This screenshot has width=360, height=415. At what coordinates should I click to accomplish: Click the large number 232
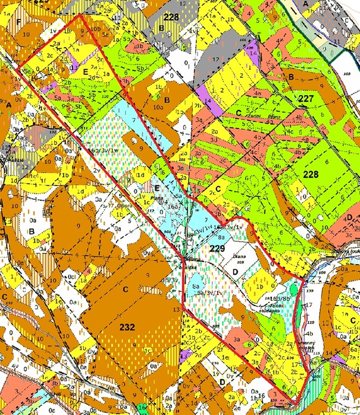point(127,326)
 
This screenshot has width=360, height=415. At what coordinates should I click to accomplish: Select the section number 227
point(306,98)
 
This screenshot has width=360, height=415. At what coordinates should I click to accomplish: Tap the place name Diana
point(240,257)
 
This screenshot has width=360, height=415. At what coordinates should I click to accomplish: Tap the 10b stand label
point(96,28)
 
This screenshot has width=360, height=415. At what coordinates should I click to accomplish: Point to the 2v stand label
point(95,170)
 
